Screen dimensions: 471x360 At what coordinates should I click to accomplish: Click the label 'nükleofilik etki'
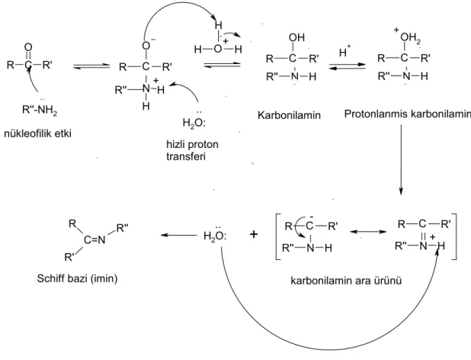(x=38, y=133)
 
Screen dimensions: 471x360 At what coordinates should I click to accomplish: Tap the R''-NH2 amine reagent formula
(x=40, y=110)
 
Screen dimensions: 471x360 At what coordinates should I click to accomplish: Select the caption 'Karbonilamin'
(x=289, y=115)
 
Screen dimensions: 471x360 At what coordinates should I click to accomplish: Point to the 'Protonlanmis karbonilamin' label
(x=407, y=114)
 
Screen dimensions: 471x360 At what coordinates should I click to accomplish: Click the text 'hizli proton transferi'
(x=192, y=150)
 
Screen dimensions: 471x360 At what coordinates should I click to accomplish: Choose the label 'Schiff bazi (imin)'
(x=77, y=278)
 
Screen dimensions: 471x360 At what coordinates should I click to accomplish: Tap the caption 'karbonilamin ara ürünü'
(x=346, y=281)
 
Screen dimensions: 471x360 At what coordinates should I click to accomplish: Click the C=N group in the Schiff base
(x=95, y=239)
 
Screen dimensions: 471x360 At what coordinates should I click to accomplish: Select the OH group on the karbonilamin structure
(x=296, y=37)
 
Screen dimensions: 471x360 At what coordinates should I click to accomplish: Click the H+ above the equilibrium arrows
(x=344, y=51)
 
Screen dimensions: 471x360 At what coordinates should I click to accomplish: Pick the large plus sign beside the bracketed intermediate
(x=254, y=234)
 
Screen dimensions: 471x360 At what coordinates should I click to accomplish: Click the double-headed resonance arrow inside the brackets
(x=369, y=232)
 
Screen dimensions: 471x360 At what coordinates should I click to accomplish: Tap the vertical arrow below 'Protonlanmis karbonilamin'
(x=401, y=159)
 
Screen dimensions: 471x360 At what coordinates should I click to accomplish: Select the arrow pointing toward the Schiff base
(x=179, y=235)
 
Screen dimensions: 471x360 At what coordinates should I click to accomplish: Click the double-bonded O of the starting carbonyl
(x=28, y=47)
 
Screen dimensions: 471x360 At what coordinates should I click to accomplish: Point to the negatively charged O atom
(x=146, y=45)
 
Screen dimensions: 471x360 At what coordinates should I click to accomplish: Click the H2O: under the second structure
(x=194, y=121)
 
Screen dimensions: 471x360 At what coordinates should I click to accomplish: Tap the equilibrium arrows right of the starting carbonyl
(x=91, y=66)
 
